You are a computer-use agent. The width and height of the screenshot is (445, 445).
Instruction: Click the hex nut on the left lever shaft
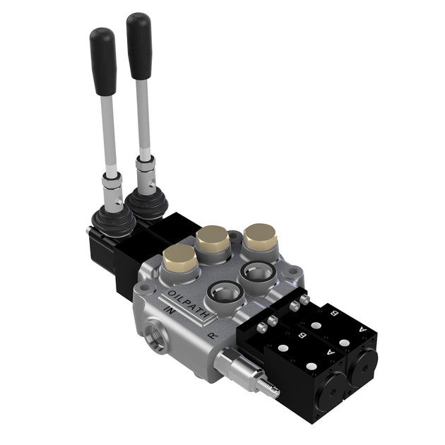point(112,185)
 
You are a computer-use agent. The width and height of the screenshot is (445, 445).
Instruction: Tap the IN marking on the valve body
point(170,311)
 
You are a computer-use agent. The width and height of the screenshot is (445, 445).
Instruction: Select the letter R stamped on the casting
point(213,336)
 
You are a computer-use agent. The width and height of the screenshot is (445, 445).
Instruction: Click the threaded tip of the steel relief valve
point(266,385)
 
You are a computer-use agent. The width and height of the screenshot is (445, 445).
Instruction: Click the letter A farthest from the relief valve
point(363,329)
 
